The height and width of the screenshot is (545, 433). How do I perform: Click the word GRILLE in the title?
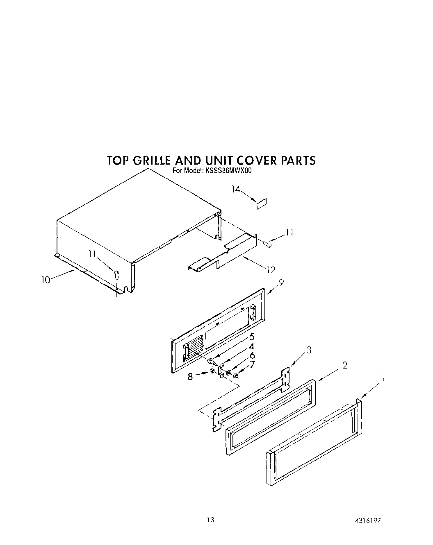[152, 160]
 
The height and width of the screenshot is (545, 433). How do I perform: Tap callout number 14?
[235, 189]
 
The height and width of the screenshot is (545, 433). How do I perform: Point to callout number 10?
[46, 280]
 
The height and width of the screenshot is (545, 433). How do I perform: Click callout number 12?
[270, 269]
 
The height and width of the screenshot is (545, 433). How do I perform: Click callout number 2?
[345, 365]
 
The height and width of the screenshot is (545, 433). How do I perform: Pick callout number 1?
[383, 379]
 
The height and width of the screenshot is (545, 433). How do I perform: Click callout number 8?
[190, 376]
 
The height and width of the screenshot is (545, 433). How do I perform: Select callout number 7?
[252, 364]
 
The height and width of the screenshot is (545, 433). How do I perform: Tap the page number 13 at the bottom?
[210, 520]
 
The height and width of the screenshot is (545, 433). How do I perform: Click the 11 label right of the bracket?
[289, 233]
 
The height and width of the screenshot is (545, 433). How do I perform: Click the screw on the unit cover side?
[116, 274]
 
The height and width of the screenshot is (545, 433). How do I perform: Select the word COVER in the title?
[255, 160]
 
